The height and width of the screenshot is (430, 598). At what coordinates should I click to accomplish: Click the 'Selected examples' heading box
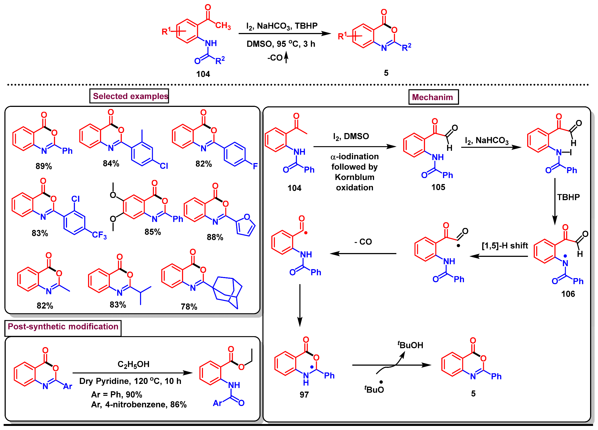(x=129, y=96)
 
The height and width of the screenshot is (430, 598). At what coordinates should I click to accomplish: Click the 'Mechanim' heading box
(x=433, y=97)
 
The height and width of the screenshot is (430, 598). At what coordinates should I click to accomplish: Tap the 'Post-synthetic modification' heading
(x=63, y=327)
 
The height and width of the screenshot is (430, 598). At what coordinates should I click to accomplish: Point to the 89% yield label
(x=44, y=166)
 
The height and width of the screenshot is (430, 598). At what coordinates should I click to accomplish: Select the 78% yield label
(x=189, y=306)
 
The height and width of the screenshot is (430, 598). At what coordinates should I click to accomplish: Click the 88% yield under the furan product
(x=215, y=237)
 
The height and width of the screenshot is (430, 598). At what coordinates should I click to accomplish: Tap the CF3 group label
(x=99, y=235)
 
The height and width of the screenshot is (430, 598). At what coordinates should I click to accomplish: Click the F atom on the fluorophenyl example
(x=255, y=166)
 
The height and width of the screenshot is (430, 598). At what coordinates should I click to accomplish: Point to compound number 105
(x=438, y=187)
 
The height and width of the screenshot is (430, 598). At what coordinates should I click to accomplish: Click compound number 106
(x=568, y=294)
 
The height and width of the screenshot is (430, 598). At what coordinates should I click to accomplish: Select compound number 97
(x=304, y=395)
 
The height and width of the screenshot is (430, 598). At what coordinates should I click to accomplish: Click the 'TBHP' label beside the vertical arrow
(x=568, y=197)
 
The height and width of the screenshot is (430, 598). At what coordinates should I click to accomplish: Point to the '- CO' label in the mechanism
(x=363, y=242)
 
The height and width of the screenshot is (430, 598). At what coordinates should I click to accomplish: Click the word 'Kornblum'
(x=354, y=177)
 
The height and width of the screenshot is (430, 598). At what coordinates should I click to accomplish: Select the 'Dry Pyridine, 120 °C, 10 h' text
(x=130, y=381)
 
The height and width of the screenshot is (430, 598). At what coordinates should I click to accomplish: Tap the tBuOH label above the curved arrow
(x=410, y=345)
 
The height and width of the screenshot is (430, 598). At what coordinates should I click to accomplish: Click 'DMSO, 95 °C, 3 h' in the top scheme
(x=281, y=44)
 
